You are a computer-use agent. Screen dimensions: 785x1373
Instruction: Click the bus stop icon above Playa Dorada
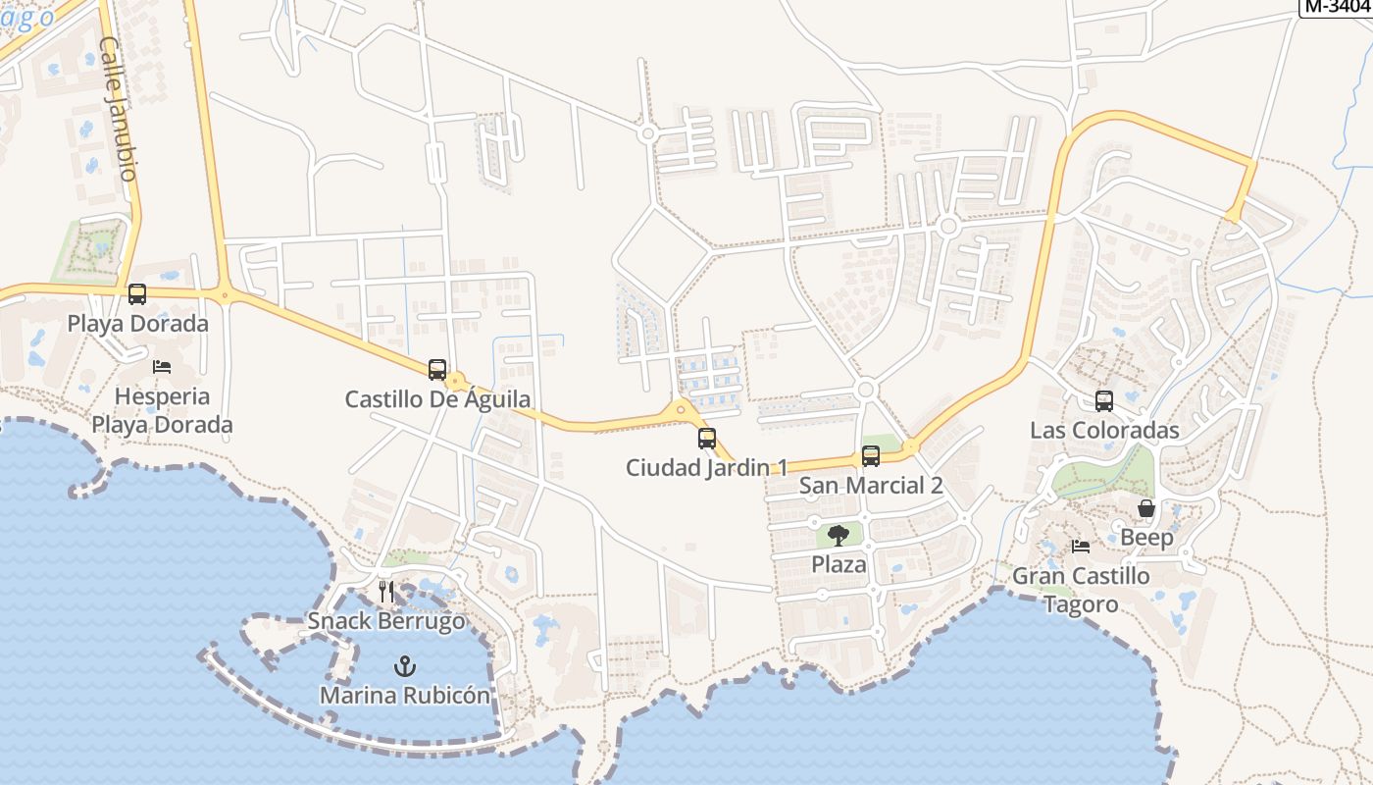(137, 293)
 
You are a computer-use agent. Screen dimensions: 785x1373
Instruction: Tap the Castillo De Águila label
(437, 399)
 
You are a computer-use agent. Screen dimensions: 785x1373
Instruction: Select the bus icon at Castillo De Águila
(437, 370)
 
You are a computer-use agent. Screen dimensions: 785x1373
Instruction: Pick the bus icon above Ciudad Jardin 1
(707, 439)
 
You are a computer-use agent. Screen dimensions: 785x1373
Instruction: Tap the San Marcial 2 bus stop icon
(871, 456)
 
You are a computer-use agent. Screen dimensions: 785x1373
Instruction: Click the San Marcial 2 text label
(871, 486)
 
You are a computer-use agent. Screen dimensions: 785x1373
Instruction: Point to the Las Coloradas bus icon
(1104, 400)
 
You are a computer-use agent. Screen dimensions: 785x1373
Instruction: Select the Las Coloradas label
(1104, 431)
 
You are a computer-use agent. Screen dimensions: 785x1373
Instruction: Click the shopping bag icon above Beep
(1145, 508)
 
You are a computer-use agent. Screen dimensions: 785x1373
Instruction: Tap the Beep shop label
(1146, 538)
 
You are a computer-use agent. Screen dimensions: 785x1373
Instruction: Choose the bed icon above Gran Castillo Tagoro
(1081, 547)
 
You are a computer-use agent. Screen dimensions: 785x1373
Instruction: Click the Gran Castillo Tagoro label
(1081, 590)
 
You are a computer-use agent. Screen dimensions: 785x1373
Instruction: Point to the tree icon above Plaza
(839, 535)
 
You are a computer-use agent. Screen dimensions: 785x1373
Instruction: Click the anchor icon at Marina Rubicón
(404, 666)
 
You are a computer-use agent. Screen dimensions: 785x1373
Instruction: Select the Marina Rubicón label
(404, 696)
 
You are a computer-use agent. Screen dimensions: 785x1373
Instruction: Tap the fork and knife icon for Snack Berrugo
(386, 592)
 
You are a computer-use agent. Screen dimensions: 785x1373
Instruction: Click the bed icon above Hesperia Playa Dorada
(162, 367)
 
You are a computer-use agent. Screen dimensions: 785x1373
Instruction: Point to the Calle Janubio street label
(117, 108)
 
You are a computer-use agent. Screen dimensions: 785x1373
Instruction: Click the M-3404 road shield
(1337, 6)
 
